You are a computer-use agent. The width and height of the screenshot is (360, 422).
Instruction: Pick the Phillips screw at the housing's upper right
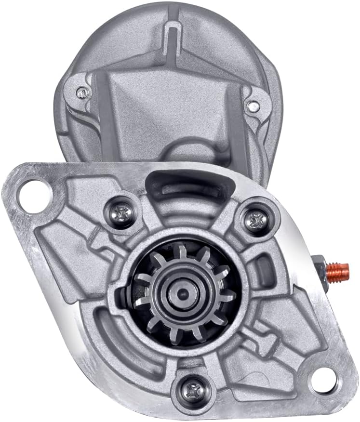pyautogui.click(x=254, y=221)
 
